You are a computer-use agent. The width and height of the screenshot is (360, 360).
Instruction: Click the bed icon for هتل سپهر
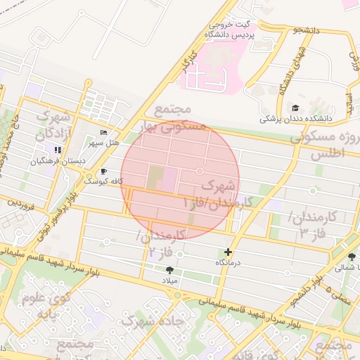(104, 133)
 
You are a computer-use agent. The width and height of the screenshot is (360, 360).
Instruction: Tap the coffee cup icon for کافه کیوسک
(104, 171)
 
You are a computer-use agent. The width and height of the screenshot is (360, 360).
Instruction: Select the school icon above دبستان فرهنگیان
(58, 150)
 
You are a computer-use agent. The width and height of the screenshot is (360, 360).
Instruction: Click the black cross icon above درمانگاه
(227, 252)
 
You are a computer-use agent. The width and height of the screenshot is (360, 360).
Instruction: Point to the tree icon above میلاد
(169, 269)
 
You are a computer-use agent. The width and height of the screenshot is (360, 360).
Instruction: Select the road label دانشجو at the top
(307, 30)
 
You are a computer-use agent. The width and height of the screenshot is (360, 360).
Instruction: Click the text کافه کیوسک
(103, 181)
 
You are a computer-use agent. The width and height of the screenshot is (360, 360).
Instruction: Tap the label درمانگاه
(228, 262)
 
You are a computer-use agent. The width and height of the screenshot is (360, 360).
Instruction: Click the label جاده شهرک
(153, 321)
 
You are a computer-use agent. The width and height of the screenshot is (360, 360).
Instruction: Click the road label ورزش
(354, 63)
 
